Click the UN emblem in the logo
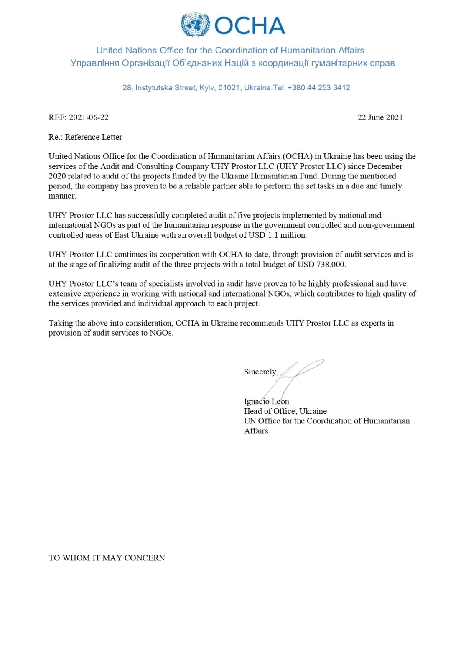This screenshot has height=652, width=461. click(x=195, y=24)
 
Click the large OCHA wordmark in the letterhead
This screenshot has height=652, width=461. click(x=250, y=26)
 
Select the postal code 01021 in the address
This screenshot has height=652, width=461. click(x=229, y=88)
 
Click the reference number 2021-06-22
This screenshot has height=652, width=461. click(x=89, y=117)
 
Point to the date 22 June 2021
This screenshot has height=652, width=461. click(x=380, y=117)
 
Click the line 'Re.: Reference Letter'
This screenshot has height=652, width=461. click(x=85, y=137)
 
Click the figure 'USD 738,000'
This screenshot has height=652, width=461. click(x=321, y=265)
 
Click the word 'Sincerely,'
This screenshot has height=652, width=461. click(x=261, y=372)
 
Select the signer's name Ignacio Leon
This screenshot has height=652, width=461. click(x=266, y=402)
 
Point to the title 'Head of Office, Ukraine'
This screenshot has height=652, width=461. click(x=285, y=411)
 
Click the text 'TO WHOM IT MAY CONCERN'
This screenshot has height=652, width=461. click(x=107, y=558)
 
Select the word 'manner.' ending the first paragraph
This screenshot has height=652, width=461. click(x=62, y=196)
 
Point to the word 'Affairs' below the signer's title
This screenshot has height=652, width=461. click(x=256, y=431)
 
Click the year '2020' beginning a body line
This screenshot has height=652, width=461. click(x=57, y=176)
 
